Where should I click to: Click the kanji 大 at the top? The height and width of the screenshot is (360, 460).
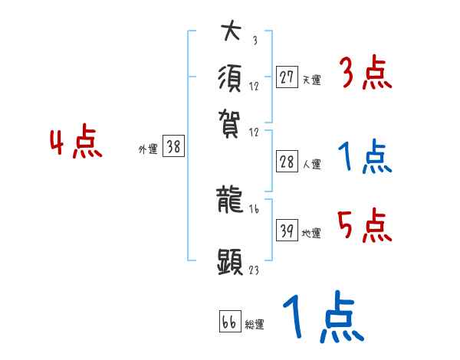click(x=232, y=33)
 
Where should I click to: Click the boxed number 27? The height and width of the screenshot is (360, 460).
click(x=287, y=77)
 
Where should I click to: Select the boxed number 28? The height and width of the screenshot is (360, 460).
click(x=287, y=162)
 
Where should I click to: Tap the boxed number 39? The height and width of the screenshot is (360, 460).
click(x=287, y=231)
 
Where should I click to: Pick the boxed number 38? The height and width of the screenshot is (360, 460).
click(x=174, y=148)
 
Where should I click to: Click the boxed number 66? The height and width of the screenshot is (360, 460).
click(x=229, y=322)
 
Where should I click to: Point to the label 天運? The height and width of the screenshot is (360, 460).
click(x=311, y=80)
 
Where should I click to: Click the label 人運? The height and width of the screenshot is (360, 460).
click(x=311, y=164)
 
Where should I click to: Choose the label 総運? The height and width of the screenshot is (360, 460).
click(x=255, y=325)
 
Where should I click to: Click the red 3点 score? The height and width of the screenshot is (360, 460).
click(x=365, y=75)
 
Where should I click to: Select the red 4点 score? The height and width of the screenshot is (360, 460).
click(x=76, y=144)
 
